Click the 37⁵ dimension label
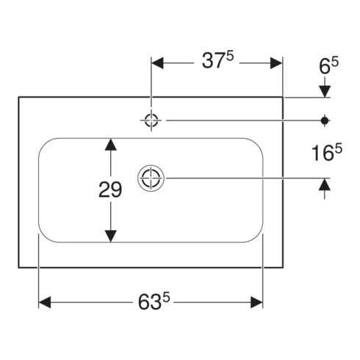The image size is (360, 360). (217, 60)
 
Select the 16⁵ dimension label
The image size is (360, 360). (327, 153)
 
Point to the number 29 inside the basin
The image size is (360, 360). (110, 190)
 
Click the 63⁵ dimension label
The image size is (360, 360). (154, 301)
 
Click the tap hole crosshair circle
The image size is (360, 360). (151, 120)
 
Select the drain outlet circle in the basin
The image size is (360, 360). (151, 178)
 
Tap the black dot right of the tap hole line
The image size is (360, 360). (325, 120)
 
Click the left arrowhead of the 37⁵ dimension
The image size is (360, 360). (157, 63)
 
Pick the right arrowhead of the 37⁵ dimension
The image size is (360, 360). (276, 63)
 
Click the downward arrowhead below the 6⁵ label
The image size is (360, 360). (325, 91)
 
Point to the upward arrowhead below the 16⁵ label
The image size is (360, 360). (325, 184)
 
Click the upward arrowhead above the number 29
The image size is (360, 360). (111, 145)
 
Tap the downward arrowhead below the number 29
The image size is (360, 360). (111, 237)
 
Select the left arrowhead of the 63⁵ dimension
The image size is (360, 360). (45, 302)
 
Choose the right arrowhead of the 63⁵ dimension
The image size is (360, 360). (256, 302)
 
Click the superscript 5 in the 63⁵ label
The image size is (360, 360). (166, 298)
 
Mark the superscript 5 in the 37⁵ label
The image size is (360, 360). (230, 57)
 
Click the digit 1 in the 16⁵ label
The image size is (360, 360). (315, 154)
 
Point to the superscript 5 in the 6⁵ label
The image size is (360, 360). (335, 62)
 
